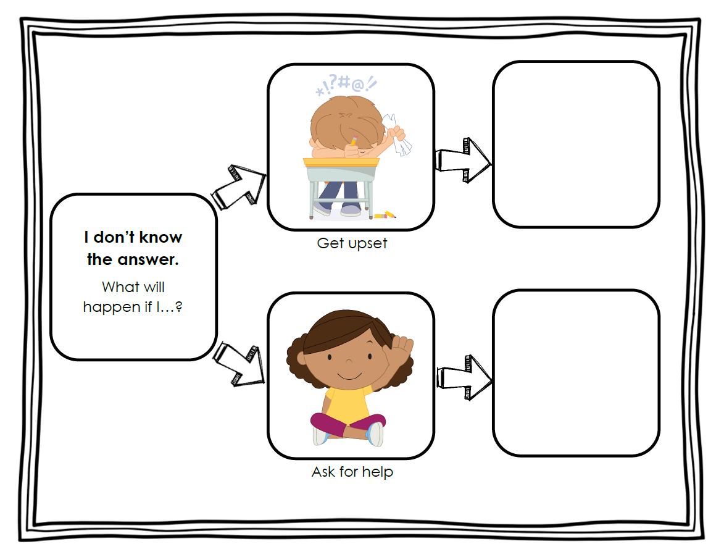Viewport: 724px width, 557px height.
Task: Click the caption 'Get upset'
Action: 352,243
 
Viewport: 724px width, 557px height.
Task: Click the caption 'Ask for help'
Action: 352,472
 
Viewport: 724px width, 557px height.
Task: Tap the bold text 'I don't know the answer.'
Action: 133,248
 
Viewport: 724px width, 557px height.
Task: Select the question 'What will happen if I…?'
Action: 133,296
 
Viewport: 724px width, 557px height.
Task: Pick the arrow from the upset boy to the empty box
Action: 464,161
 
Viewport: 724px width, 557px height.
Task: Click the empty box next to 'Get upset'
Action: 576,144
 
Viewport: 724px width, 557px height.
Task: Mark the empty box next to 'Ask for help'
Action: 576,373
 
